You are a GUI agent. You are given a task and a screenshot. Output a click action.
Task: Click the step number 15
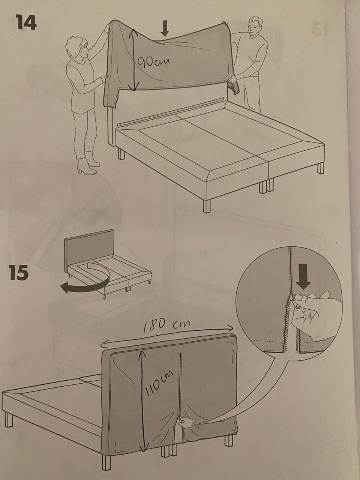pos(19,272)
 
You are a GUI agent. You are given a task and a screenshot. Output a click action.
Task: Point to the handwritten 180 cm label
pos(166,326)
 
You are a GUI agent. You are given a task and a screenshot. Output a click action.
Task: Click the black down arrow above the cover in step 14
pos(165,28)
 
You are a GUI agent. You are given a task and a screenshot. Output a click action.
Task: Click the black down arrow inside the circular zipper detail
pos(304,276)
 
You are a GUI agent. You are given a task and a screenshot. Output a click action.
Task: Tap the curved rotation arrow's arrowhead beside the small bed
pos(66,288)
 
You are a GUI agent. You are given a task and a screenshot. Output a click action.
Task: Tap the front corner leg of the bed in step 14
pos(207,206)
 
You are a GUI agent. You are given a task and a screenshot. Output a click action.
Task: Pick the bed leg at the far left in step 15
pos(9,419)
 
